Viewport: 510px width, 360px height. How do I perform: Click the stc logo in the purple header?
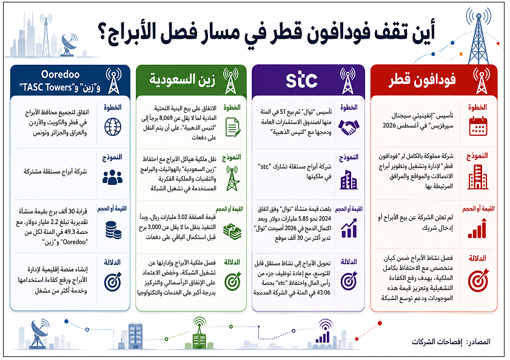tap(301, 80)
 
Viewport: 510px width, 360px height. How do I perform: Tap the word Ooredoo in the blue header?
tap(61, 75)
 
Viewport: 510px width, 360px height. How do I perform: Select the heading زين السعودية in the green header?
tap(182, 79)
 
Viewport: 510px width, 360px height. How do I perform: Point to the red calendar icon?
tap(478, 126)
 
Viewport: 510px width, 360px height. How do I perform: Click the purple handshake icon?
tap(349, 127)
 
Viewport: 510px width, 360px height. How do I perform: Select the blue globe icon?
tap(113, 127)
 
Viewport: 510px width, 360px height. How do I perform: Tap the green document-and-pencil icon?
tap(233, 127)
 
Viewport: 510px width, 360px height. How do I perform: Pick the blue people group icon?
tap(113, 177)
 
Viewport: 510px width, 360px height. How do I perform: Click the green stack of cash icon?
tap(232, 232)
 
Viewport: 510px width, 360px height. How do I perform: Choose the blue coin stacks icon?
tap(113, 230)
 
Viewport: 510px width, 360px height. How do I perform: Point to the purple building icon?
tap(349, 179)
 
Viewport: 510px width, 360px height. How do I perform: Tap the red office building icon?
tap(478, 177)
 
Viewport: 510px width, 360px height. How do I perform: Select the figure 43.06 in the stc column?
tap(323, 293)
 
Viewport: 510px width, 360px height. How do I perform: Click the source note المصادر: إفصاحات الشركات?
tap(451, 342)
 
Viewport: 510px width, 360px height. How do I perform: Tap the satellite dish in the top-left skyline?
tap(69, 45)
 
